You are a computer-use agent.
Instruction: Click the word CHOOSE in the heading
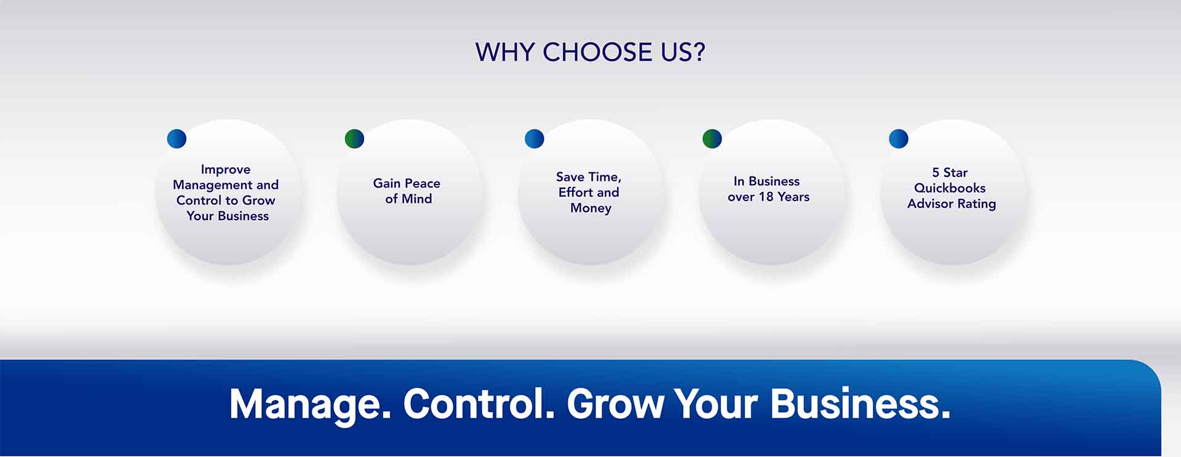[x=597, y=52]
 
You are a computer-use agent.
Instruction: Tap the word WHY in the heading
[x=505, y=52]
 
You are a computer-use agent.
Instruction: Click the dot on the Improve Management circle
[x=177, y=138]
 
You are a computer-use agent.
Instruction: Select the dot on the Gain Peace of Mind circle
[x=354, y=138]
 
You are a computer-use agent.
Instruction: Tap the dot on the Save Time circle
[x=535, y=138]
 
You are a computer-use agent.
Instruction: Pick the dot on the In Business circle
[x=712, y=138]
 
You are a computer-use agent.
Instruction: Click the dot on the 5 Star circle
[x=899, y=138]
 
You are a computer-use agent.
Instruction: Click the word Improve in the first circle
[x=226, y=170]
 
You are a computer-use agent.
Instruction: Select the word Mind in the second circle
[x=416, y=199]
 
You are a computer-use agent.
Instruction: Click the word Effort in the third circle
[x=575, y=192]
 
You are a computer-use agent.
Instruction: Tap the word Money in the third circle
[x=590, y=208]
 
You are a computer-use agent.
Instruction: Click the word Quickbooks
[x=950, y=188]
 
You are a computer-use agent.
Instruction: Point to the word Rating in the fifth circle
[x=977, y=204]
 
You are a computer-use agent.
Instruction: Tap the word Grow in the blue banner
[x=615, y=404]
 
